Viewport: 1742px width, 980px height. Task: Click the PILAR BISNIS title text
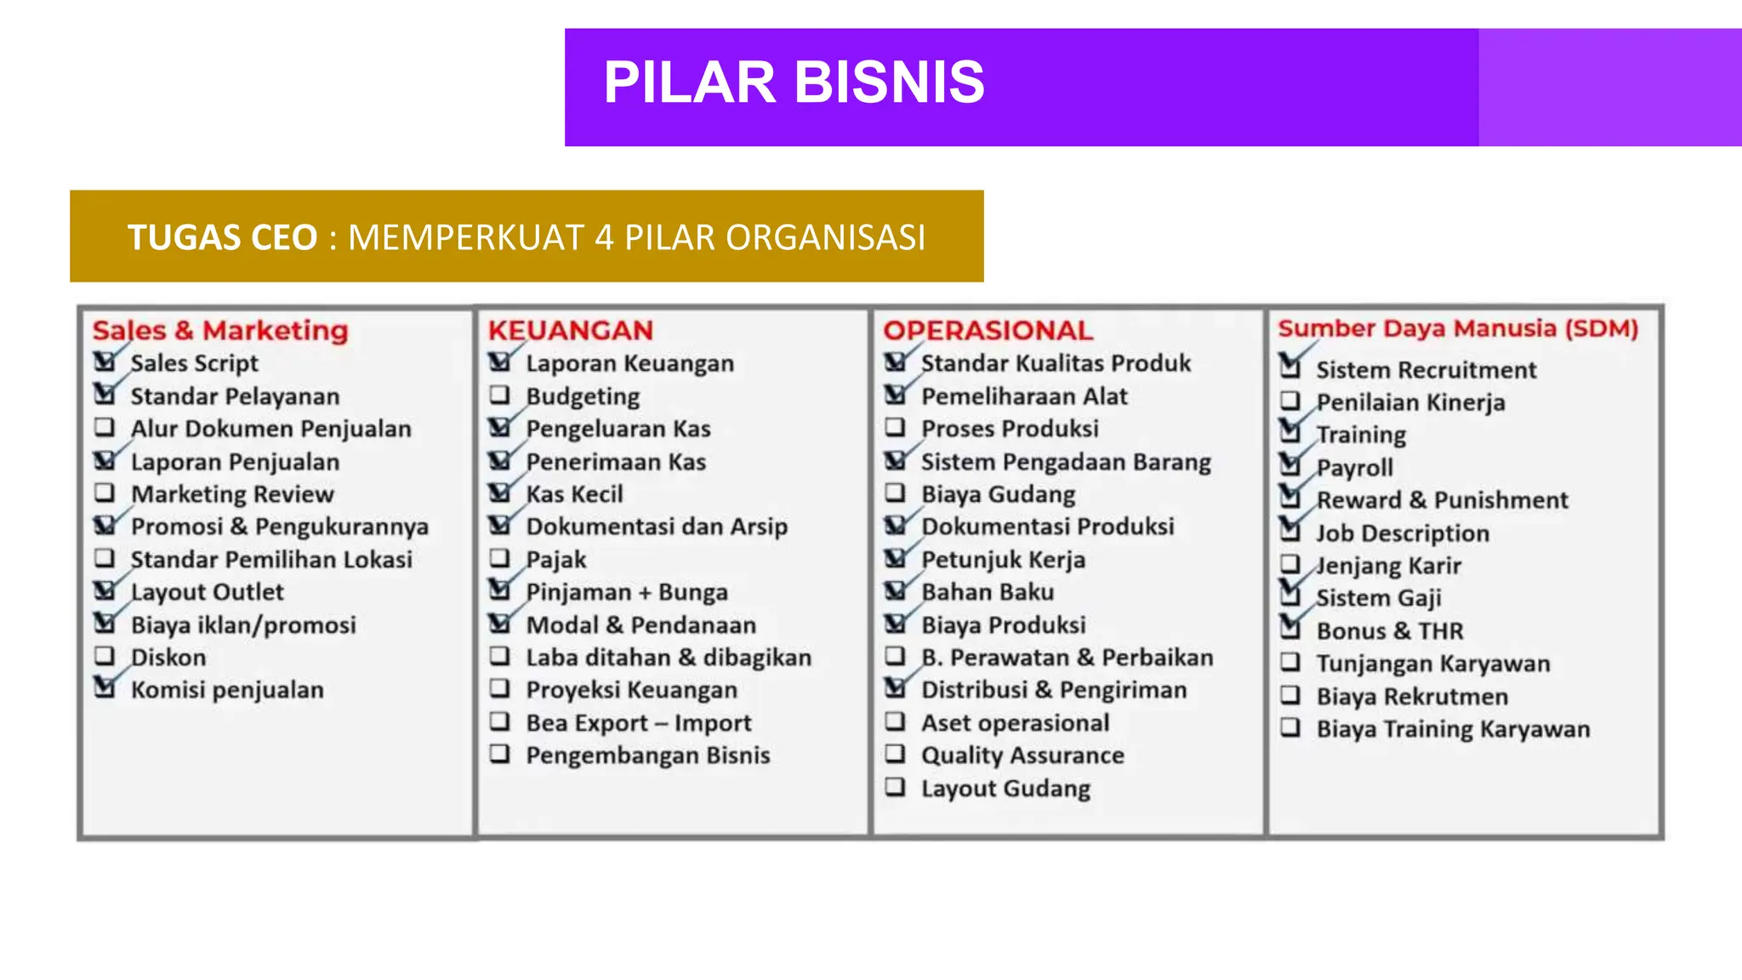tap(794, 83)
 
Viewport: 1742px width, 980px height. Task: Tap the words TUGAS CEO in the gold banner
tap(222, 237)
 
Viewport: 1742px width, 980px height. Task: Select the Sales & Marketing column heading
tap(220, 330)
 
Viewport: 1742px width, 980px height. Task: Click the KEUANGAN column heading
tap(570, 330)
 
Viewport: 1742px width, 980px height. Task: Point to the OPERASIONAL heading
tap(988, 330)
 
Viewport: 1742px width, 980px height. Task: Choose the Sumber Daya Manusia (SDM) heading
tap(1458, 328)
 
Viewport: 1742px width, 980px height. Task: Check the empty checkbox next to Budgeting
tap(500, 396)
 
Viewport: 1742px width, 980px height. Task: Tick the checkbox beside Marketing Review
tap(105, 493)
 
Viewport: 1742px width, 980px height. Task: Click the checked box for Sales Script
tap(105, 362)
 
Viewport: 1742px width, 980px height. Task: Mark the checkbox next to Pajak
tap(500, 559)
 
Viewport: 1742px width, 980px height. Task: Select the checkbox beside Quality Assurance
tap(895, 754)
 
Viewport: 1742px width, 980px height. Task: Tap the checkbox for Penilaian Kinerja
tap(1290, 401)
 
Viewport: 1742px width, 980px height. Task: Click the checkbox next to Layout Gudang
tap(895, 787)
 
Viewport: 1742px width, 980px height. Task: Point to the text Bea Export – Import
tap(638, 723)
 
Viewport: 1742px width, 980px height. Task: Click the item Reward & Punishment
tap(1442, 500)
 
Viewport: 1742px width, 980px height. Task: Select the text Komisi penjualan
tap(227, 690)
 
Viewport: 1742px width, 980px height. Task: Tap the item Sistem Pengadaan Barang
tap(1066, 462)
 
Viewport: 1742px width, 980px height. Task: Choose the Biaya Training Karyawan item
tap(1453, 729)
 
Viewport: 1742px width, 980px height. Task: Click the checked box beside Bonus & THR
tap(1290, 630)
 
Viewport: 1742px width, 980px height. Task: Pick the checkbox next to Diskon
tap(105, 656)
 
